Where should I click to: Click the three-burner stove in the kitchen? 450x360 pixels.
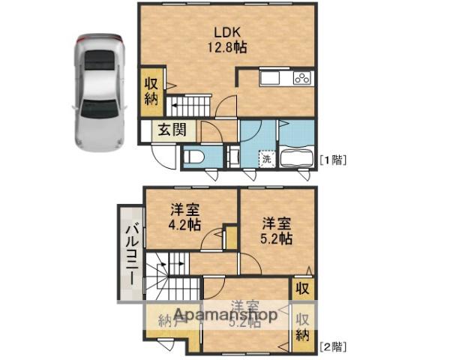click(x=302, y=79)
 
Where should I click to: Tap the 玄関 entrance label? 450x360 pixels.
click(x=170, y=130)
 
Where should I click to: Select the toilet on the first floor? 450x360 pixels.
click(x=193, y=157)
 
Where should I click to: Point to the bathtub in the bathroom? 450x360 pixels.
click(x=297, y=158)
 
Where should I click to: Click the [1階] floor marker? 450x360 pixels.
click(x=332, y=159)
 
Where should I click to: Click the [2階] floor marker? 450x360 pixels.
click(x=332, y=347)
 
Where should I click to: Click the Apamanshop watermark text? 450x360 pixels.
click(x=224, y=316)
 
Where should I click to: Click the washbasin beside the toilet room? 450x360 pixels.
click(x=232, y=157)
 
